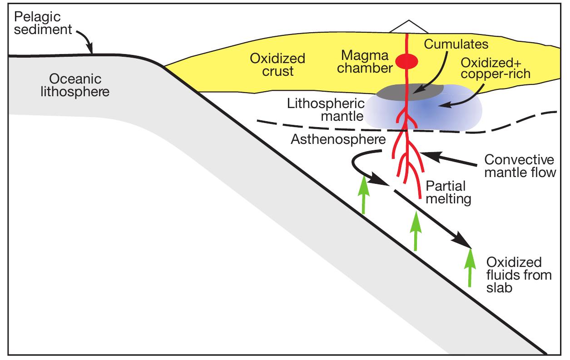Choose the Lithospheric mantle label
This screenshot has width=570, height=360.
326,109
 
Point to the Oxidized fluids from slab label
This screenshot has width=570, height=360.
513,275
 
